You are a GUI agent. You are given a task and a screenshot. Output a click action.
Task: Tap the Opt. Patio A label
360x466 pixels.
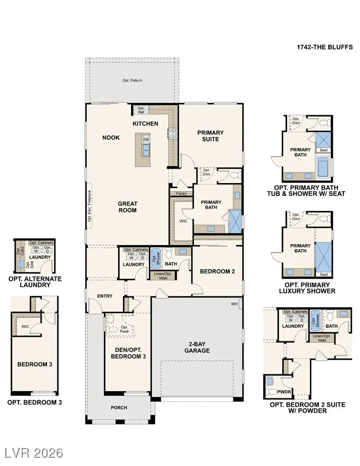[x=132, y=80]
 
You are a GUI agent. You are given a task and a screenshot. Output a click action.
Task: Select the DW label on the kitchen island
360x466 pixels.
[x=146, y=139]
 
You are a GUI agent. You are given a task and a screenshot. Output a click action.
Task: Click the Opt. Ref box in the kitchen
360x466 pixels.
[x=140, y=110]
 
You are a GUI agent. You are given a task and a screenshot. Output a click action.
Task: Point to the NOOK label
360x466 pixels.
[x=111, y=137]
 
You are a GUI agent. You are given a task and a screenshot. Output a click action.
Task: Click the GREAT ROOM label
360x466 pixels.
[x=127, y=207]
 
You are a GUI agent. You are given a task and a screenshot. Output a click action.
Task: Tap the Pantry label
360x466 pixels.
[x=181, y=193]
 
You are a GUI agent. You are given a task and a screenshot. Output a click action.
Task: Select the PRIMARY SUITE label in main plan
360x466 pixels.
[x=210, y=136]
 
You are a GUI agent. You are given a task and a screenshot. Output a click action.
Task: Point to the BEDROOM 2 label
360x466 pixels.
[x=217, y=271]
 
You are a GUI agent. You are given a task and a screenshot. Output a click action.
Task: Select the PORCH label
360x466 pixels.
[x=119, y=407]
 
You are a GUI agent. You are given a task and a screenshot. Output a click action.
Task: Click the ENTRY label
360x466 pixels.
[x=105, y=296]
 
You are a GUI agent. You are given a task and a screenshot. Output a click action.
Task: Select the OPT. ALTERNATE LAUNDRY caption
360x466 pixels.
[x=35, y=282]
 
